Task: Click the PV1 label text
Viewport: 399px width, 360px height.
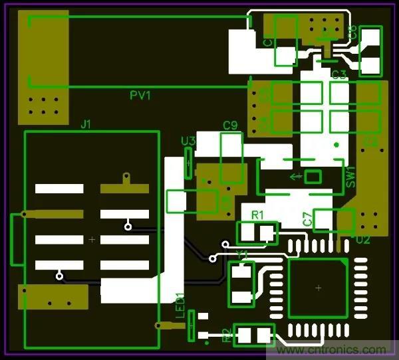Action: tap(140, 96)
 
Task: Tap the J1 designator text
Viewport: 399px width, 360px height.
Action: tap(86, 124)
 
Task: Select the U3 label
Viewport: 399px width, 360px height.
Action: tap(188, 141)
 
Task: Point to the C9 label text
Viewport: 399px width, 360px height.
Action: tap(230, 126)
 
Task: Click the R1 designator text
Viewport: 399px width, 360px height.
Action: tap(257, 215)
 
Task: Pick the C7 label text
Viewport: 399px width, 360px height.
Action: tap(307, 219)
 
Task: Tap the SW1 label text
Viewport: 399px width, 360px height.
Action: tap(351, 177)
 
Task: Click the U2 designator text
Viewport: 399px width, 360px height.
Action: tap(362, 240)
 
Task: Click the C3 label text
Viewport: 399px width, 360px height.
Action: tap(339, 74)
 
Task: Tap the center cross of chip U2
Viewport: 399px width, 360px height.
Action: tap(319, 288)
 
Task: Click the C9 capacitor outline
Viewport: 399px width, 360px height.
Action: tap(231, 158)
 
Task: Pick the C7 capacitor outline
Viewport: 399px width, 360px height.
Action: tap(334, 220)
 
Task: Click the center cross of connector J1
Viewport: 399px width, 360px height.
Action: tap(92, 239)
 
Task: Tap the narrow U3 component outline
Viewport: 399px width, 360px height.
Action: tap(188, 163)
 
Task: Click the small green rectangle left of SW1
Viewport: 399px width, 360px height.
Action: tap(313, 177)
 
